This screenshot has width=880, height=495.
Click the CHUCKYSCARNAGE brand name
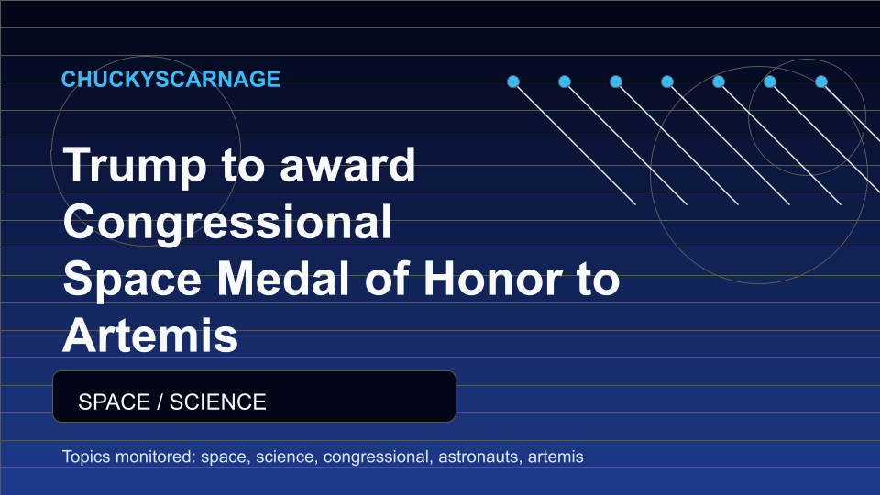170,79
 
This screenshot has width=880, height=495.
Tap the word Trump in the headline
135,166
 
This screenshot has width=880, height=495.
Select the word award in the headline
347,165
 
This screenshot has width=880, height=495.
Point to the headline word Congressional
227,223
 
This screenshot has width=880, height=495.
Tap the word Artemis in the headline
150,335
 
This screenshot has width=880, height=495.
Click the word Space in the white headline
132,280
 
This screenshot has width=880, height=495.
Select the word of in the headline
388,279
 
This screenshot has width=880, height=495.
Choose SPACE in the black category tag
114,401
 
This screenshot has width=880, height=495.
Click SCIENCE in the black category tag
218,401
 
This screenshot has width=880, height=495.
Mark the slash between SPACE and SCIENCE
159,401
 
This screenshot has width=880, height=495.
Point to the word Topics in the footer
86,456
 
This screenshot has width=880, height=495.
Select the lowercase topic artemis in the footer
555,456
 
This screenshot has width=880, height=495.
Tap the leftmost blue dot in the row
513,82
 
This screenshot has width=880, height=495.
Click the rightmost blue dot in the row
821,82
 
